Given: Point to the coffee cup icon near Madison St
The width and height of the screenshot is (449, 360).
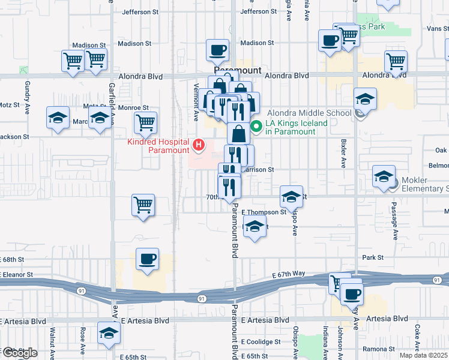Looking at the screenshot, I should (217, 49).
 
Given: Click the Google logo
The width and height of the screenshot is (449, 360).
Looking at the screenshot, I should (19, 353).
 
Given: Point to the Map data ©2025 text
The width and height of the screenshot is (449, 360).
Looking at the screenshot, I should (424, 355).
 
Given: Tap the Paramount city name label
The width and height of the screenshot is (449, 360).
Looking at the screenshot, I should (238, 70).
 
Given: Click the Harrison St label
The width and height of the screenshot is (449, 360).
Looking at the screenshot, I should (258, 170).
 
